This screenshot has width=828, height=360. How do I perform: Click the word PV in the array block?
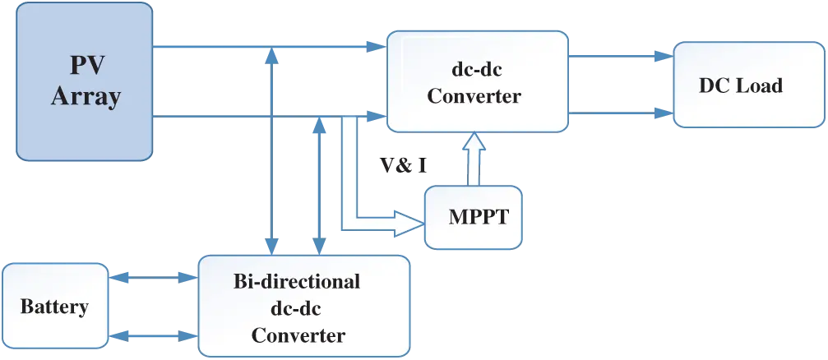tap(85, 66)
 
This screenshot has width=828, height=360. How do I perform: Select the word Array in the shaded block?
tap(86, 96)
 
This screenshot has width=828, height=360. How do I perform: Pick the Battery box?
tap(54, 307)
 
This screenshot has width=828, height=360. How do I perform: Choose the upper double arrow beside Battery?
tap(153, 279)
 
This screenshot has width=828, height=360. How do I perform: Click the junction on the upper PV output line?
tap(271, 58)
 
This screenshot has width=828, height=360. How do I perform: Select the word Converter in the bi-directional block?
tap(298, 336)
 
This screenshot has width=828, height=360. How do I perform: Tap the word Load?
tap(761, 85)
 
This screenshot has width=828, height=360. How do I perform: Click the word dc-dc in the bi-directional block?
tap(298, 309)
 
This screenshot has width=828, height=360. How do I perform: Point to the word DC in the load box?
tap(715, 85)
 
